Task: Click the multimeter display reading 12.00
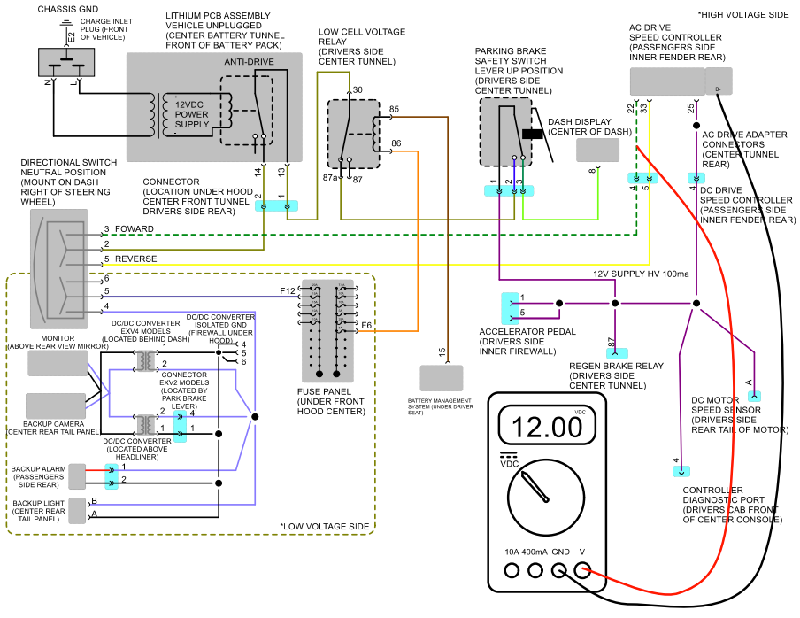click(x=546, y=425)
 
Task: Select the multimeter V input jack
click(x=582, y=570)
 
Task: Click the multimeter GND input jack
click(x=559, y=570)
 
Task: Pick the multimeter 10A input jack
click(x=512, y=570)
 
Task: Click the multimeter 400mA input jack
click(x=535, y=570)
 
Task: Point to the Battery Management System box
click(x=442, y=378)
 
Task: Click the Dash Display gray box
click(x=597, y=150)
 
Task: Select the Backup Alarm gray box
click(x=77, y=476)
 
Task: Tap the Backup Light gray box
click(x=77, y=511)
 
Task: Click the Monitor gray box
click(x=58, y=363)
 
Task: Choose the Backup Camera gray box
click(x=56, y=406)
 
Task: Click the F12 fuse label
click(x=288, y=291)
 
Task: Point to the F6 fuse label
click(x=366, y=325)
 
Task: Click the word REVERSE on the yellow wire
click(x=135, y=259)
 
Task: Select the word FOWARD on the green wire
click(x=135, y=228)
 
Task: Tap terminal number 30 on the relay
click(x=358, y=89)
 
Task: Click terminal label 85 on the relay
click(x=394, y=109)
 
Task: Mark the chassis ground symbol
click(x=65, y=24)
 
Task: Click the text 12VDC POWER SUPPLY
click(x=192, y=114)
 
